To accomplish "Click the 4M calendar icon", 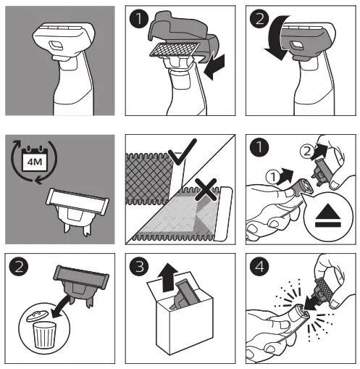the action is coord(35,159).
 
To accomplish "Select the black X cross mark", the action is coord(206,190).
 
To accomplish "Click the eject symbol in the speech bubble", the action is coord(327,215).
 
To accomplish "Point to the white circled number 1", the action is coord(273,177).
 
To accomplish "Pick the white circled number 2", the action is coord(306,152).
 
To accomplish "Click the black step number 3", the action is coord(139,267).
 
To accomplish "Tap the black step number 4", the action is coord(259,267).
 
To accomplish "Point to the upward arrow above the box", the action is coord(167,277).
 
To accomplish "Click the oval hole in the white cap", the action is coord(56,45).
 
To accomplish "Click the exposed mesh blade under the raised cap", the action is coord(175,49).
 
